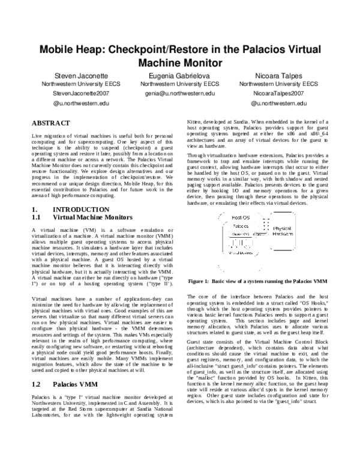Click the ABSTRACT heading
[52, 123]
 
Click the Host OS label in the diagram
[241, 217]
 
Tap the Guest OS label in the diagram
[240, 234]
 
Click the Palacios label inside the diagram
[241, 226]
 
